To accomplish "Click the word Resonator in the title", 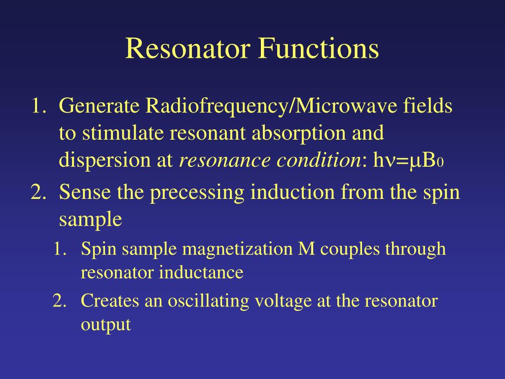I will pyautogui.click(x=188, y=49).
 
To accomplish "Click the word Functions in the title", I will pyautogui.click(x=318, y=49).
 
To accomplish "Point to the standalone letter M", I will pyautogui.click(x=307, y=249).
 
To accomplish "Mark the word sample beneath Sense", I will pyautogui.click(x=90, y=219).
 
